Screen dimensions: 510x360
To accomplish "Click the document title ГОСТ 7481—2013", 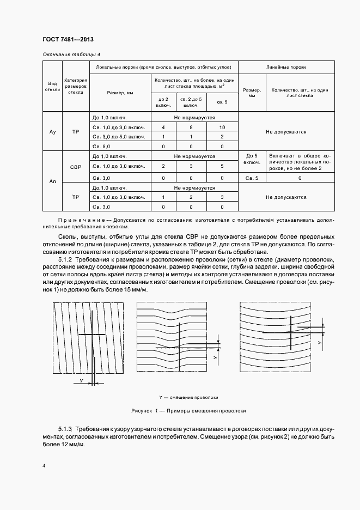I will [68, 39].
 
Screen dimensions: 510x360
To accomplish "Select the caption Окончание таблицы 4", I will [71, 54].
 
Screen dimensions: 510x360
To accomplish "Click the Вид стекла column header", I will [52, 85].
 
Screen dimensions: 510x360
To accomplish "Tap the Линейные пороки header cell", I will [286, 67].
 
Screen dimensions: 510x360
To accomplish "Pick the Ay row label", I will [52, 132].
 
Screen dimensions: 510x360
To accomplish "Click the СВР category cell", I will [76, 167].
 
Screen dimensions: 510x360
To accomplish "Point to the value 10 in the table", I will [222, 127].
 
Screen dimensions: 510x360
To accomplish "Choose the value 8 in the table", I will [190, 127].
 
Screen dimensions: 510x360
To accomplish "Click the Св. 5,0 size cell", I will [102, 147].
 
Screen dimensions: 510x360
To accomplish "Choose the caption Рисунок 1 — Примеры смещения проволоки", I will [188, 410].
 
